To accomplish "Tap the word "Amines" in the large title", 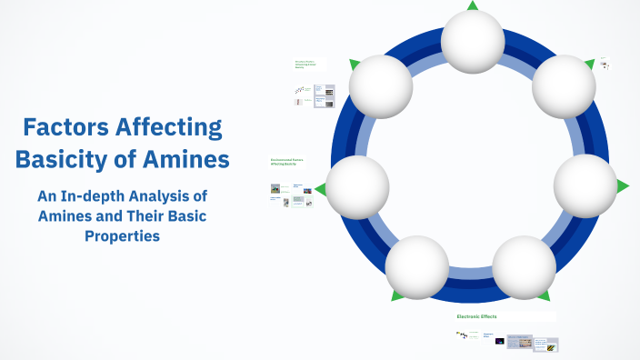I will (185, 160).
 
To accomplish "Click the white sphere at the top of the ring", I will (473, 42).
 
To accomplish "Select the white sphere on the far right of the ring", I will (585, 185).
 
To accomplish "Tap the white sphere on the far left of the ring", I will (358, 187).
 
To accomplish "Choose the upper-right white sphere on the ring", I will (564, 86).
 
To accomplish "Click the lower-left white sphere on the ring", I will (417, 267).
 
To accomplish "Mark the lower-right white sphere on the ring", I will (525, 267).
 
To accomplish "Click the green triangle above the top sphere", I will (473, 5).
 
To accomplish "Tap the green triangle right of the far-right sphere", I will (623, 186).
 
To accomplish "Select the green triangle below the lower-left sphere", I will (397, 295).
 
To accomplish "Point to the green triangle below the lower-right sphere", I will (543, 295).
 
